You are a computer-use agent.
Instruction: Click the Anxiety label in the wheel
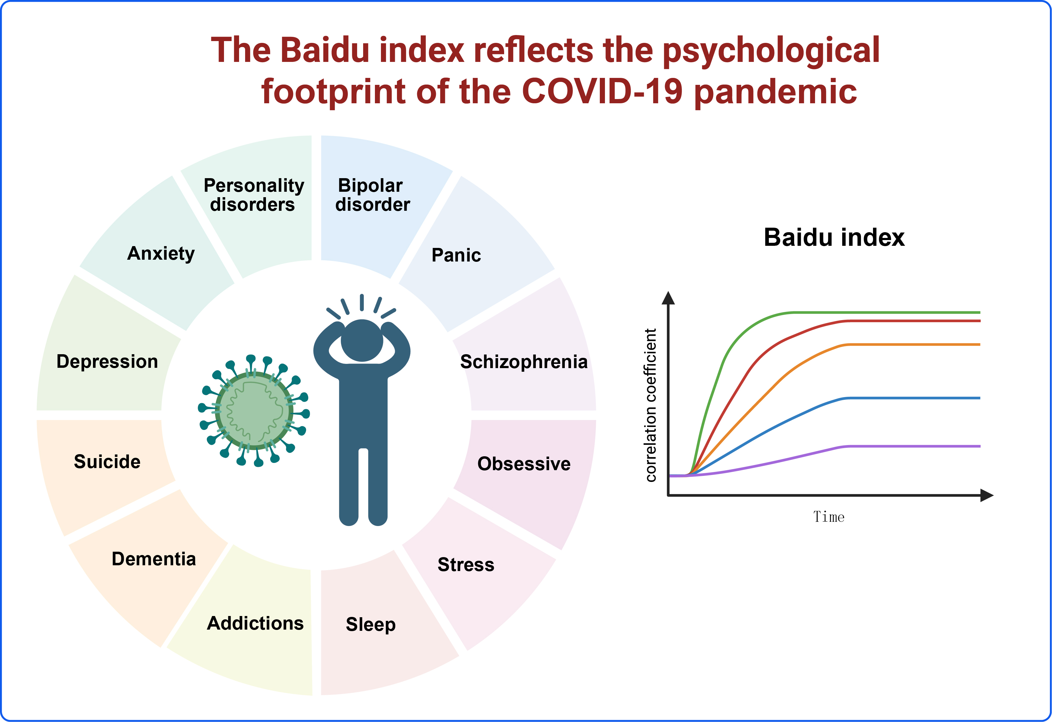161,254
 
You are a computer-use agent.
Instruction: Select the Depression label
107,362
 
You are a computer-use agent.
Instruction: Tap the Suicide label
107,461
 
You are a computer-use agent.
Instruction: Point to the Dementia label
154,559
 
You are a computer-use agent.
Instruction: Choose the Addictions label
255,623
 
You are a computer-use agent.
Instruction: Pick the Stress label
466,565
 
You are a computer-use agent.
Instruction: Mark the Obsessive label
524,464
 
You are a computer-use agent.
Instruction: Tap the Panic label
456,255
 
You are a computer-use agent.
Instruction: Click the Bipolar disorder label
373,195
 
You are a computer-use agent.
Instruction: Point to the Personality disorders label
254,195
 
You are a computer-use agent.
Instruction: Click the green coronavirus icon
254,410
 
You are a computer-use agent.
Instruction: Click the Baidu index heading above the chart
834,237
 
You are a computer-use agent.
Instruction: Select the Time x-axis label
829,517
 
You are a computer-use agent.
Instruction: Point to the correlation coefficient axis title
651,405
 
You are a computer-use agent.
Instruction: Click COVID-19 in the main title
602,91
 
